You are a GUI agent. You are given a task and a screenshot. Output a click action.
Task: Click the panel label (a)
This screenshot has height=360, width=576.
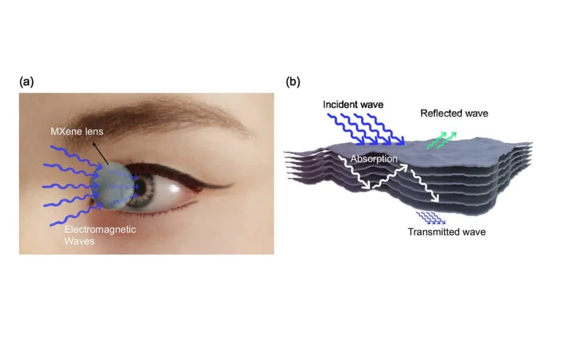[26, 82]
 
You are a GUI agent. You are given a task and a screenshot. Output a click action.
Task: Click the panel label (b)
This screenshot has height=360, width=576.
[293, 82]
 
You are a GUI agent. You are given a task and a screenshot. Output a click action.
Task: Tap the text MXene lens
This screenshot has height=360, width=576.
[77, 131]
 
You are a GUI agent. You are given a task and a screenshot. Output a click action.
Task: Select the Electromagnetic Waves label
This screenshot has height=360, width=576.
[100, 235]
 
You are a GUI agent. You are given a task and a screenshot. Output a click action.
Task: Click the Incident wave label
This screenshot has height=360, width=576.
[353, 104]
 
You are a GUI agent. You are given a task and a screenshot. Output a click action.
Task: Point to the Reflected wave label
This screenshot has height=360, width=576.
[454, 113]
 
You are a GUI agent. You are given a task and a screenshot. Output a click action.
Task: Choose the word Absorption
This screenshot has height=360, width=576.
[374, 159]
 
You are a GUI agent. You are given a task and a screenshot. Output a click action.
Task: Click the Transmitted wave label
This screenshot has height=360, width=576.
[447, 232]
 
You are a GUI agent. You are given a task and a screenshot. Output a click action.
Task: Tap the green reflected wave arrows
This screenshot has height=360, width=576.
[441, 141]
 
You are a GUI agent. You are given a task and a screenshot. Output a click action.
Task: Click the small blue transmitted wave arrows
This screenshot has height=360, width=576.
[430, 218]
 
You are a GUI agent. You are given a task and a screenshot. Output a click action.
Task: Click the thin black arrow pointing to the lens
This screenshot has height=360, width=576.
[101, 154]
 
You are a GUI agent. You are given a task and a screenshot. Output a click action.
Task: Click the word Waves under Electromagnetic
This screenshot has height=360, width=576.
[79, 241]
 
